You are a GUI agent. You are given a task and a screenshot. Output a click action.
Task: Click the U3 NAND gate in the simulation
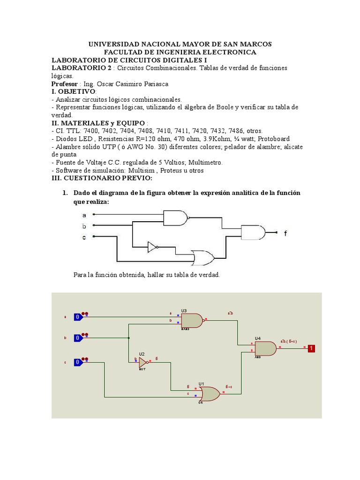(x=191, y=321)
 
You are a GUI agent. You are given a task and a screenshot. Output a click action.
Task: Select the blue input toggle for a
(x=78, y=317)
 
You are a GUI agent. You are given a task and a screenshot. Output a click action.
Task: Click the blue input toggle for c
(x=78, y=362)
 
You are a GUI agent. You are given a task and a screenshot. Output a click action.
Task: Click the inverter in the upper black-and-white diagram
(x=152, y=247)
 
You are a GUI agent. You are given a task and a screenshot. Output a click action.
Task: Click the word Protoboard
(x=274, y=139)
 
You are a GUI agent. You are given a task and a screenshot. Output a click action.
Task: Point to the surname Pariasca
(x=151, y=84)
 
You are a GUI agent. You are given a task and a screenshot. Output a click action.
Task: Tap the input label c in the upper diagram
(x=84, y=238)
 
